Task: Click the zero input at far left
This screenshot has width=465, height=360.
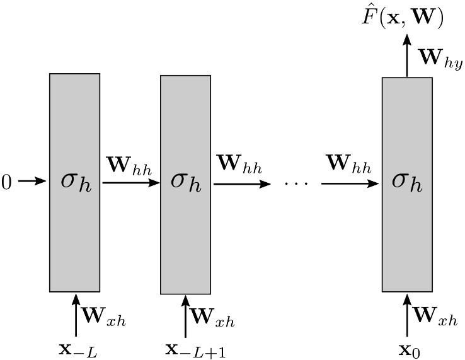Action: (x=7, y=182)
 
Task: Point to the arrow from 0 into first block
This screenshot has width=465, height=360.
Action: (x=32, y=182)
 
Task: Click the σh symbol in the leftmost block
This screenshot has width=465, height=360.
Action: (x=74, y=182)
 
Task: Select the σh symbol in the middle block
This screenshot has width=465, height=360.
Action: (x=185, y=182)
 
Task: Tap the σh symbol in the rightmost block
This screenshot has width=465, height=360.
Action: (x=407, y=182)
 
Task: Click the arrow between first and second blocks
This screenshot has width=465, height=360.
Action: (x=130, y=182)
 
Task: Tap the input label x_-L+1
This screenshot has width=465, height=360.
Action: (x=195, y=349)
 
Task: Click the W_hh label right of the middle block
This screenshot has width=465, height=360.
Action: (x=240, y=166)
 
